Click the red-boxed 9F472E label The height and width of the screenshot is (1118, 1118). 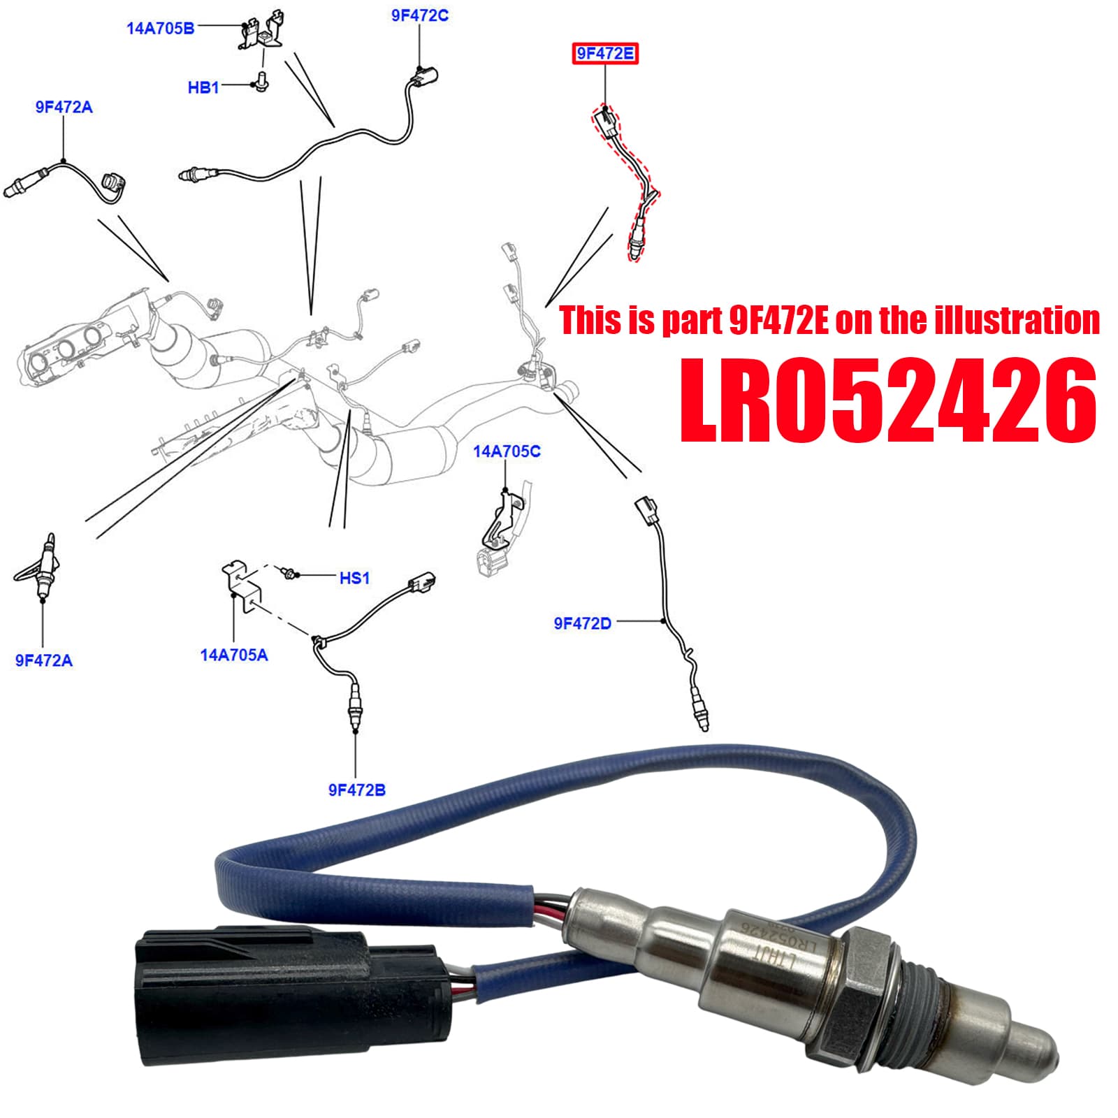tap(605, 53)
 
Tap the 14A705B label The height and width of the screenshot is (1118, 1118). tap(160, 29)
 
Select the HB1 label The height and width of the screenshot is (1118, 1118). tap(203, 87)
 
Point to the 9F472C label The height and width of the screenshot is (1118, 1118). tap(419, 15)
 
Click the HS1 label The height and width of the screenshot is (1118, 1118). tap(354, 578)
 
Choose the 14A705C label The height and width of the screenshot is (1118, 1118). tap(507, 451)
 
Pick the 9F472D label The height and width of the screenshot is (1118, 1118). tap(583, 623)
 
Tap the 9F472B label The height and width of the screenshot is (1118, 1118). tap(357, 790)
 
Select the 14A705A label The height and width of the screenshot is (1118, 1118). tap(234, 655)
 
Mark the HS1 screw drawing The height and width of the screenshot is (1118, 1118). tap(287, 573)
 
